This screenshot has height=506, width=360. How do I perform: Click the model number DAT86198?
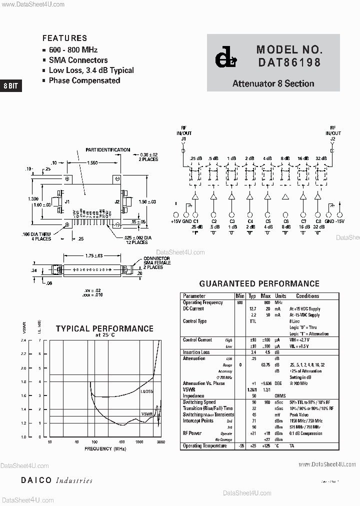[x=289, y=63]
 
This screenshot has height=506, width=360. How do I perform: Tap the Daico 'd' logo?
[x=223, y=58]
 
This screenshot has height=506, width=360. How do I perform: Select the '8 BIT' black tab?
[x=10, y=85]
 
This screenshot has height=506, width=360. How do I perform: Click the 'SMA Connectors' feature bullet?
[x=78, y=60]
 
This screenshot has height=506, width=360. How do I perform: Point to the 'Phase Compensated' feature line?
[x=84, y=80]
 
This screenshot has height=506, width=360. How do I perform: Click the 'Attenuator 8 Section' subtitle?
[x=273, y=83]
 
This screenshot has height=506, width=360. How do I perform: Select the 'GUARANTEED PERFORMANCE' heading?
[x=259, y=283]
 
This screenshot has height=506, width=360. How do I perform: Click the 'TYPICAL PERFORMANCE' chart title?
[x=104, y=328]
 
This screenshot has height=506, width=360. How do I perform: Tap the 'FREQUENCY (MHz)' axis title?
[x=105, y=449]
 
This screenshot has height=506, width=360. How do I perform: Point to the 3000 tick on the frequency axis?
[x=160, y=442]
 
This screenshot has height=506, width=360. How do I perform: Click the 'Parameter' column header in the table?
[x=194, y=296]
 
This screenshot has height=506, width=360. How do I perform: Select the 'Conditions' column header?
[x=307, y=296]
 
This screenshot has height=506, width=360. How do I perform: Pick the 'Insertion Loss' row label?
[x=196, y=352]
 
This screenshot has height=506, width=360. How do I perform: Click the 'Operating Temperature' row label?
[x=204, y=445]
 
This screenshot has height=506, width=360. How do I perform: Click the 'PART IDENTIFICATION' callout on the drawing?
[x=107, y=149]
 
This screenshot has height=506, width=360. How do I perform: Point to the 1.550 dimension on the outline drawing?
[x=91, y=163]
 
